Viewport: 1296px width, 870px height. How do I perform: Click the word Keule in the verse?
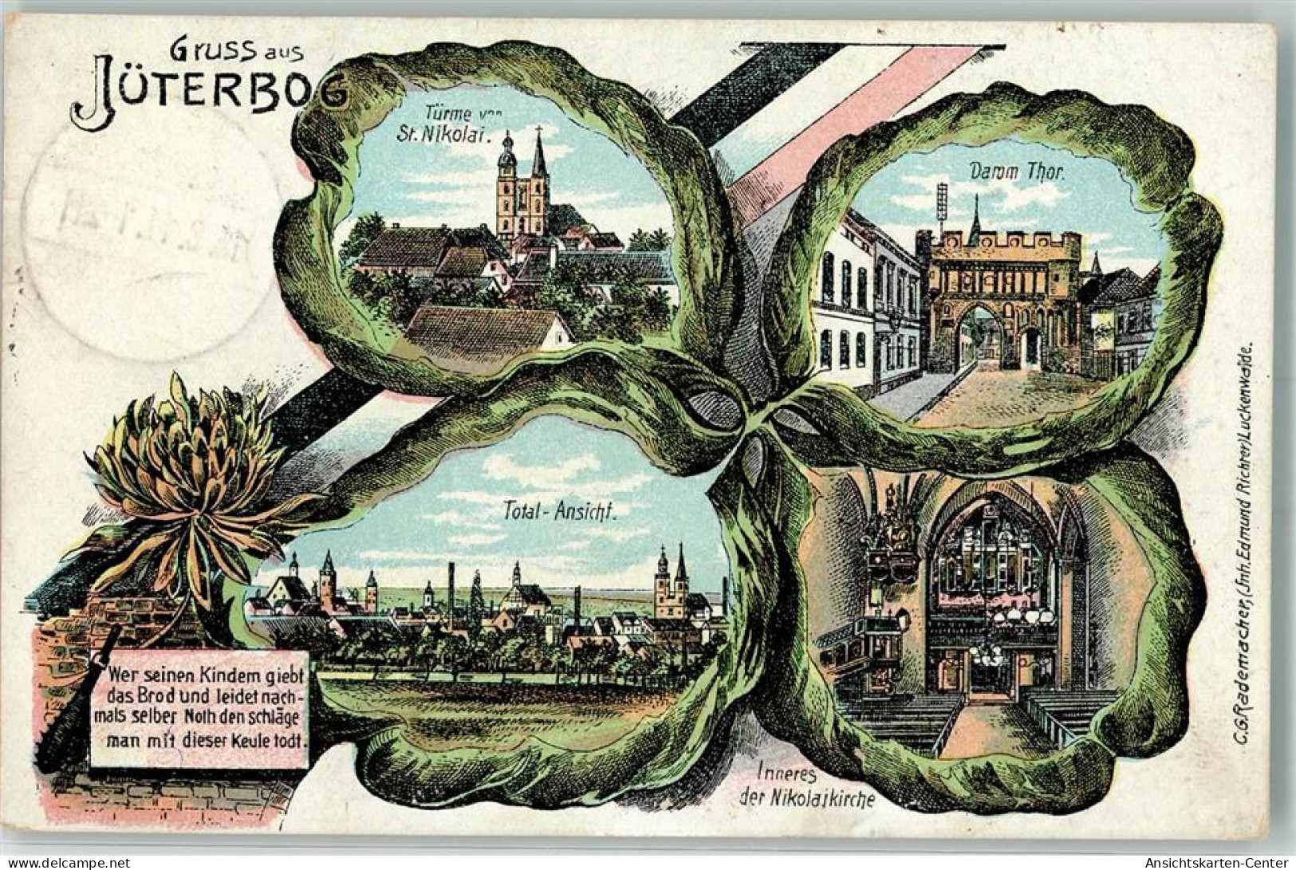coord(255,740)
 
